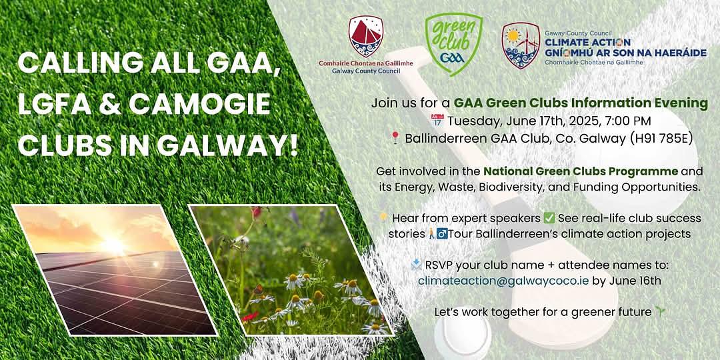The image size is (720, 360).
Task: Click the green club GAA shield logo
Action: pyautogui.click(x=454, y=43)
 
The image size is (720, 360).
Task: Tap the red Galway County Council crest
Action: pyautogui.click(x=366, y=36)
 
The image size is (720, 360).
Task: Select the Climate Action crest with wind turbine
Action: pyautogui.click(x=520, y=45)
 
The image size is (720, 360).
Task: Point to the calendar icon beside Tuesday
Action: pyautogui.click(x=437, y=120)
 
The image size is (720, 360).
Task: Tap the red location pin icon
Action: pyautogui.click(x=395, y=138)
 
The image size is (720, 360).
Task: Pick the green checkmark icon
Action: pyautogui.click(x=549, y=217)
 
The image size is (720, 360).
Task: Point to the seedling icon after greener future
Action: pyautogui.click(x=660, y=312)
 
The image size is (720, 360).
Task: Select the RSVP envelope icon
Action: pyautogui.click(x=417, y=264)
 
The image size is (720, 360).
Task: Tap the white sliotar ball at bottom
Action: pyautogui.click(x=463, y=337)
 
